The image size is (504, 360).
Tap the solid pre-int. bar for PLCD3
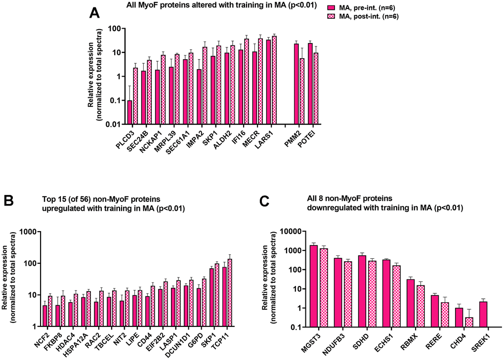point(129,112)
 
